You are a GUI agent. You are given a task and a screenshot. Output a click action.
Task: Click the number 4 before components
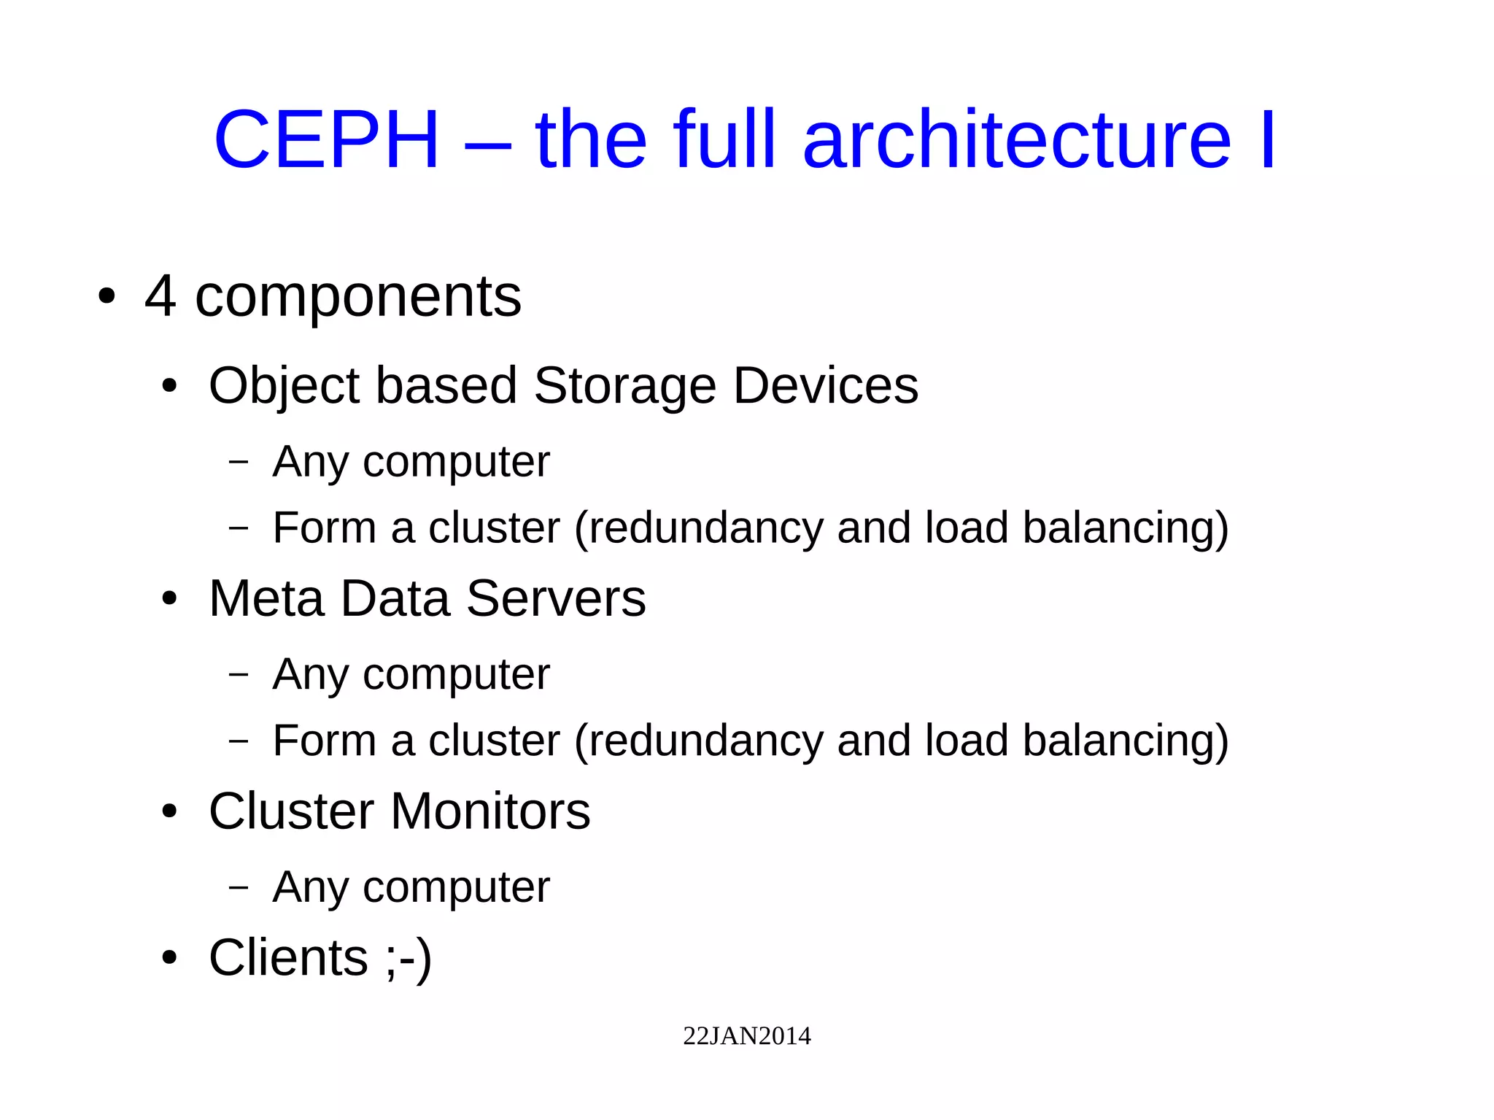click(x=160, y=296)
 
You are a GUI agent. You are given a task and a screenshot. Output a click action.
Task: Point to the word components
click(x=358, y=298)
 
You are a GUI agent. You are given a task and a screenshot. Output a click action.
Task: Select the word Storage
click(x=624, y=387)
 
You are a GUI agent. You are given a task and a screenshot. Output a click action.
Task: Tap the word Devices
click(x=826, y=385)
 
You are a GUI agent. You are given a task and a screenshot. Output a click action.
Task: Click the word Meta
click(x=266, y=598)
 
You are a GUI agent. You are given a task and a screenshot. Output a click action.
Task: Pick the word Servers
click(x=556, y=598)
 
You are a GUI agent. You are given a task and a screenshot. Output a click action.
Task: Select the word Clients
click(x=288, y=957)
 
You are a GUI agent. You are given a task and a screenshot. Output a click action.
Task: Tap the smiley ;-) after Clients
click(x=409, y=959)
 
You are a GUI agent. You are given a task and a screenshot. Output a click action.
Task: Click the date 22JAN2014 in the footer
click(x=747, y=1036)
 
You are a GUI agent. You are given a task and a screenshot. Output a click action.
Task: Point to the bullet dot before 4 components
click(x=107, y=297)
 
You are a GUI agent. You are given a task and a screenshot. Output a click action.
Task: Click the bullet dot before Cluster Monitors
click(x=169, y=812)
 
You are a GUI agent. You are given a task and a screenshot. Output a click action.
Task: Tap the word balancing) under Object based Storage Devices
click(x=1126, y=528)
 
